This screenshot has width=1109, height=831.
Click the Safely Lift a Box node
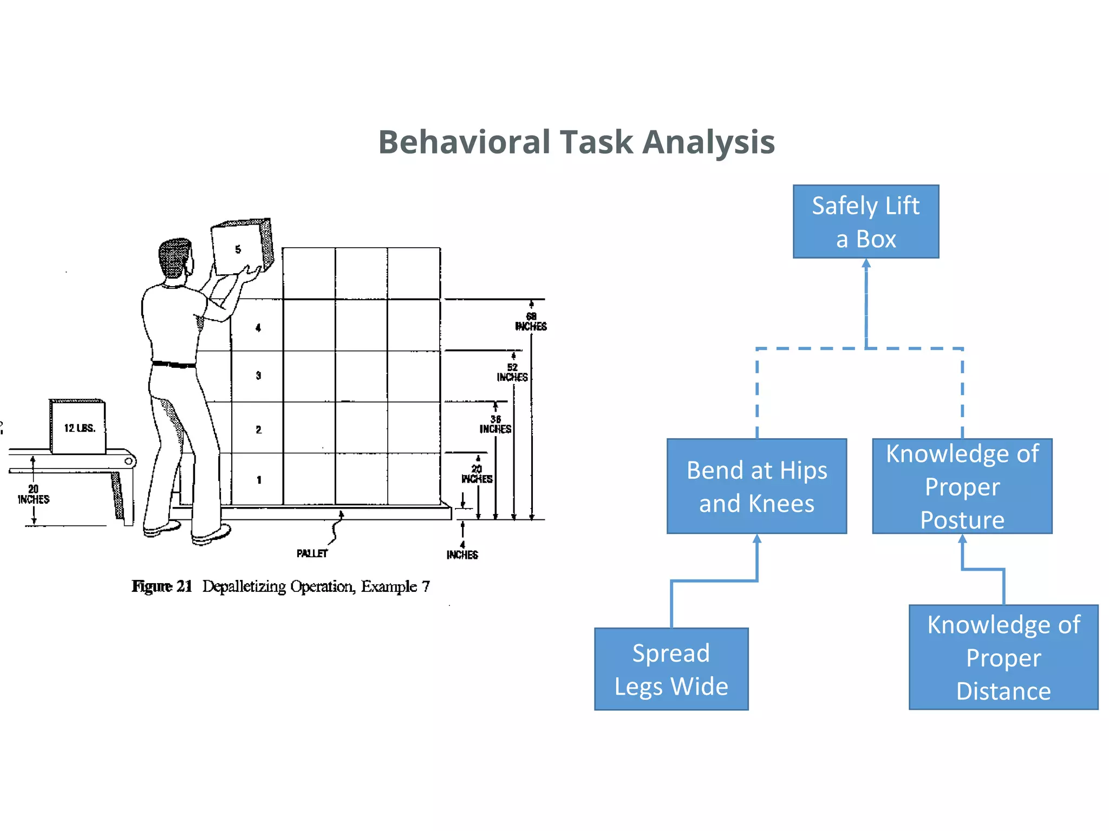click(865, 221)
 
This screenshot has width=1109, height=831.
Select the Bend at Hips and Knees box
click(756, 486)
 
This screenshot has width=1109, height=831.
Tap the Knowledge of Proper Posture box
click(962, 486)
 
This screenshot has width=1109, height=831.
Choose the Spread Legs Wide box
click(671, 669)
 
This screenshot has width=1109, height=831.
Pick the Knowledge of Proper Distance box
click(1003, 657)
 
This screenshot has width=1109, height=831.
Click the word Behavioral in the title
click(464, 142)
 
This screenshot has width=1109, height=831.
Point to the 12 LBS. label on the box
click(80, 428)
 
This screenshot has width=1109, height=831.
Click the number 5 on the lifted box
click(238, 249)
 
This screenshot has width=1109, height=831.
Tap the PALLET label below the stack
click(312, 553)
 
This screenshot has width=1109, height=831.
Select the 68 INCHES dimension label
click(531, 321)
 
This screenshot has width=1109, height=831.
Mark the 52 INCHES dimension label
click(512, 372)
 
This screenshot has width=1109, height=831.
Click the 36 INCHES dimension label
click(495, 424)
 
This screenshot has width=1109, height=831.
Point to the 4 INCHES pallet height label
click(462, 550)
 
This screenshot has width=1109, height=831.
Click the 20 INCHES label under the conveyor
click(34, 494)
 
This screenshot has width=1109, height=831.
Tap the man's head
click(175, 258)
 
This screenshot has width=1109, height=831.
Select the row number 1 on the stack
click(259, 480)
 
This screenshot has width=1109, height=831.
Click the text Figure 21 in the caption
click(162, 586)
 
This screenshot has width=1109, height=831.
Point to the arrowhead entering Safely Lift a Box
click(866, 263)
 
